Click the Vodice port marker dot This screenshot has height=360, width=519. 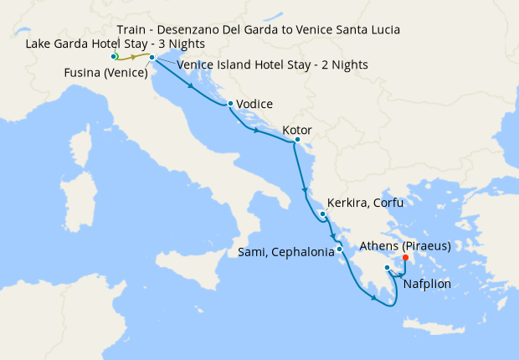click(230, 104)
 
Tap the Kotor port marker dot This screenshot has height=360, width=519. click(297, 140)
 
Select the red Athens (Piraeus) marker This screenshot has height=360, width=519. click(405, 258)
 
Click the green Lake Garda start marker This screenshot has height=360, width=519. click(115, 56)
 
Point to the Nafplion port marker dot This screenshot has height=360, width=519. click(387, 268)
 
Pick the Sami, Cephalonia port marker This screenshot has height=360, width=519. click(339, 249)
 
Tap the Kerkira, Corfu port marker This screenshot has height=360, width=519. click(322, 214)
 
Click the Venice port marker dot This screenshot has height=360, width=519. click(152, 57)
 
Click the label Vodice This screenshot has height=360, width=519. click(255, 105)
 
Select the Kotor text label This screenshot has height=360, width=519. click(299, 130)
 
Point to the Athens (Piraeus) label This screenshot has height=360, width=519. click(405, 246)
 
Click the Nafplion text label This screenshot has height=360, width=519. click(427, 284)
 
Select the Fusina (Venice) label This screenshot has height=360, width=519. click(105, 73)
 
